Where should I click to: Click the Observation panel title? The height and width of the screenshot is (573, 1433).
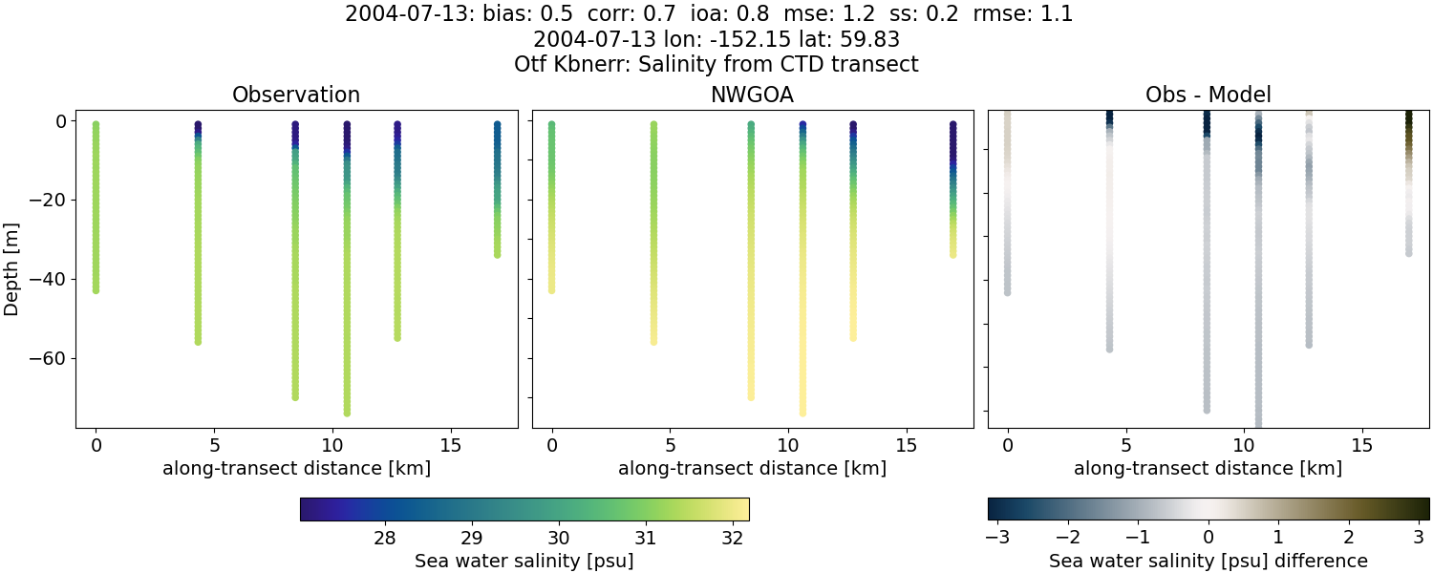tap(296, 95)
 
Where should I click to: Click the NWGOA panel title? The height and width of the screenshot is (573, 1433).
tap(752, 95)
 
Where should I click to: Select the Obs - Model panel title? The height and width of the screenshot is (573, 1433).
tap(1208, 95)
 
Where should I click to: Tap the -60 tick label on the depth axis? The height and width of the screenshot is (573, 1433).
tap(45, 358)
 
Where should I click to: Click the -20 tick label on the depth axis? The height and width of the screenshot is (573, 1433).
tap(45, 200)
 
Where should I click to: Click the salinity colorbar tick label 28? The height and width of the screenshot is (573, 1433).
tap(385, 538)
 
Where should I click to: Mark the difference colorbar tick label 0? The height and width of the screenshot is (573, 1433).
tap(1208, 538)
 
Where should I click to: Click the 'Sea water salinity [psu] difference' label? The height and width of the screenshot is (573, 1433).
tap(1208, 561)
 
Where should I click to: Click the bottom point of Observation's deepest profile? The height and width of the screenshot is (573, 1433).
tap(347, 413)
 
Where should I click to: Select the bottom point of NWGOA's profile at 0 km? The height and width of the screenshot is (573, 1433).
tap(551, 289)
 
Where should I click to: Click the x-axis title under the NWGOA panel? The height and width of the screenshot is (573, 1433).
tap(752, 468)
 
